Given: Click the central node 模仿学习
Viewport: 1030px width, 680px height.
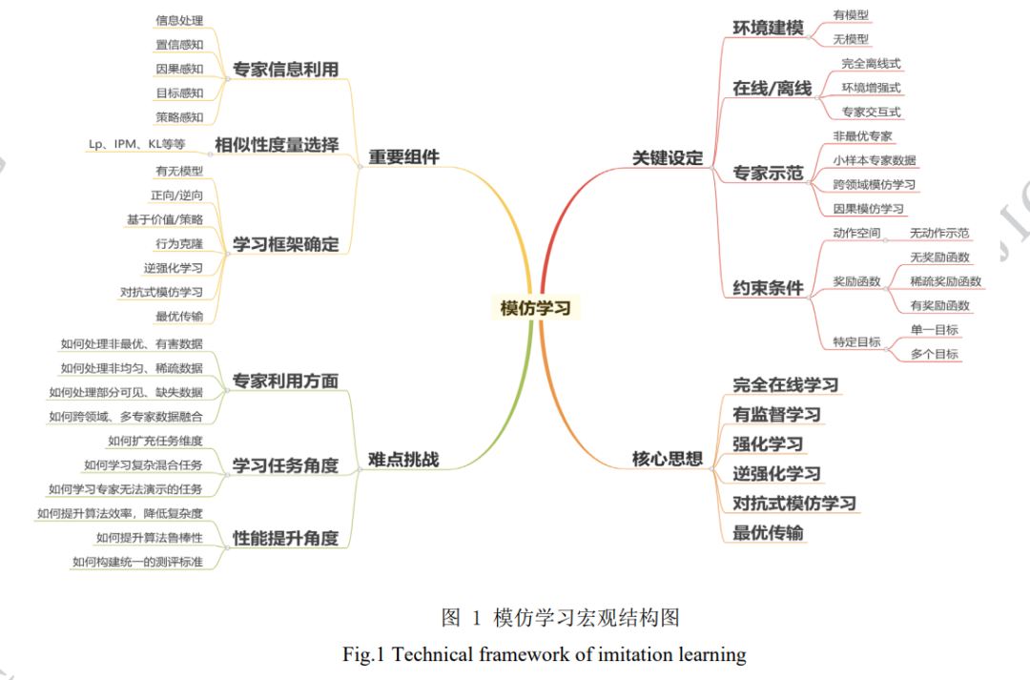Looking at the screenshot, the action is coord(535,308).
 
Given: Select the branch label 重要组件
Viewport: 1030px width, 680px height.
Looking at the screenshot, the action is coord(404,157).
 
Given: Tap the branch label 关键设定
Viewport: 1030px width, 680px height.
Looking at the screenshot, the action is coord(668,157).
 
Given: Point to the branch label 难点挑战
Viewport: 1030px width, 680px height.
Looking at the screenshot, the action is coord(403,460).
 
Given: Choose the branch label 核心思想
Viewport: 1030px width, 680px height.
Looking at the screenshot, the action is coord(668,459).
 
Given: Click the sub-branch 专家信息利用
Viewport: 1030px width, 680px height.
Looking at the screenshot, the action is coord(286,70).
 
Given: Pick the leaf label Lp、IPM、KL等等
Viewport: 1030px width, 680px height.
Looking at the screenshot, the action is coord(136,144).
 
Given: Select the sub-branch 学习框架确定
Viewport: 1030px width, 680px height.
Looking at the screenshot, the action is coord(286,244).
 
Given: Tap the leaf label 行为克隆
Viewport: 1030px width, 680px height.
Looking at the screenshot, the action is coord(179,244).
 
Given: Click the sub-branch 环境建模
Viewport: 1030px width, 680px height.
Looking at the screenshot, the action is coord(768,28).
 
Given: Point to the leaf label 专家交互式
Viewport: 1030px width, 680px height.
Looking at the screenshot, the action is coord(871,112).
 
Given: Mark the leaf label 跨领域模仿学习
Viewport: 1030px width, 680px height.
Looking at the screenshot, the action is coord(874,185).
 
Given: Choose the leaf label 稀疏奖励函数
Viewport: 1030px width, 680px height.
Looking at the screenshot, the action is coord(945,281).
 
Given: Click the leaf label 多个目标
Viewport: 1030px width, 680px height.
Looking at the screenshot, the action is coord(934,354).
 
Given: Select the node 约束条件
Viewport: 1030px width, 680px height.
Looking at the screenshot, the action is coord(768,288).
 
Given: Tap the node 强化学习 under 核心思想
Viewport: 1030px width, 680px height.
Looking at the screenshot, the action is coord(768,444).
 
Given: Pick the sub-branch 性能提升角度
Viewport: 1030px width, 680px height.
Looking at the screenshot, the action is coord(286,538).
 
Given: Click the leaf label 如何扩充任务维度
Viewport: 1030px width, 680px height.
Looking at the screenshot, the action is coord(155,441).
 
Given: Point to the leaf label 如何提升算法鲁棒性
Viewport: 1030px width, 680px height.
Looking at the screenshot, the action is coord(150,538).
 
